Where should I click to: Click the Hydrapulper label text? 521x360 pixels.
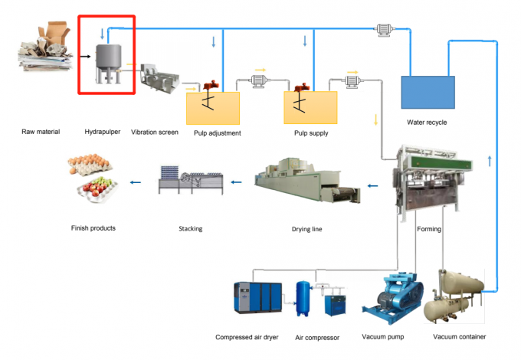coord(102,132)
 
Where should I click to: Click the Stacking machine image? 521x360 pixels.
coord(191,181)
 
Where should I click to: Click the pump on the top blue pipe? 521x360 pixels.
coord(382,31)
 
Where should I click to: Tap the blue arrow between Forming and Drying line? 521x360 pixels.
coord(373,185)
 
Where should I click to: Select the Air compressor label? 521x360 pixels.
coord(318,336)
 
